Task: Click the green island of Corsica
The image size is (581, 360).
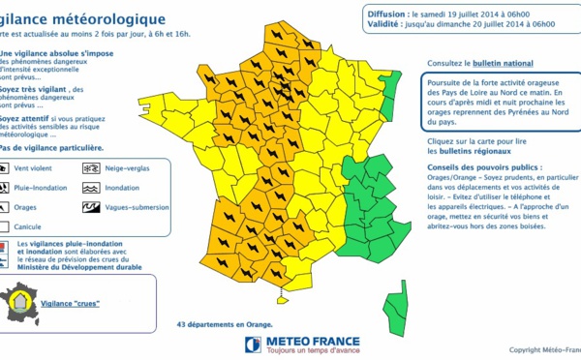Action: click(396, 305)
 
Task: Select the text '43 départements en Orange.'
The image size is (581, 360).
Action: click(224, 326)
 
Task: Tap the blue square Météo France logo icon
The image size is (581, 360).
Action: click(252, 345)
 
